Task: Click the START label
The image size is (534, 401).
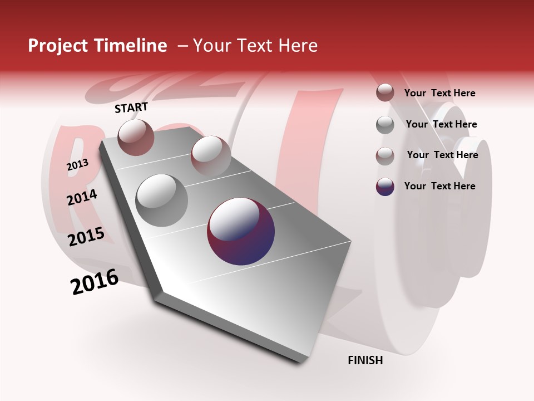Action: click(x=131, y=107)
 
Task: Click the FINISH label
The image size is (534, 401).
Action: click(x=365, y=360)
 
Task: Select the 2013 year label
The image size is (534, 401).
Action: click(x=77, y=165)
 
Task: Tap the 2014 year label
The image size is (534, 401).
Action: click(x=82, y=197)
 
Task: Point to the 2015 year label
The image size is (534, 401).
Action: click(x=86, y=237)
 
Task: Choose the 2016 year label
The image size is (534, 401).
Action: click(x=95, y=282)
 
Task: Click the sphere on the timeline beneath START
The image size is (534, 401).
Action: click(x=136, y=137)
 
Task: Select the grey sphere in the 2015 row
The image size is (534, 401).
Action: click(x=162, y=200)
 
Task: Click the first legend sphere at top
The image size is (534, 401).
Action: click(x=385, y=92)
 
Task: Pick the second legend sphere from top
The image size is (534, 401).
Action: click(x=385, y=125)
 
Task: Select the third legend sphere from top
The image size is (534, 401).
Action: click(x=385, y=155)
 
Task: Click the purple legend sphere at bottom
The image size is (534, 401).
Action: click(x=385, y=187)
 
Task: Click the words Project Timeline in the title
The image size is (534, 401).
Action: click(x=97, y=46)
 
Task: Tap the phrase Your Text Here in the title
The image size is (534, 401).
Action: click(x=255, y=46)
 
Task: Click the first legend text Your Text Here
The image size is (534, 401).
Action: click(x=439, y=93)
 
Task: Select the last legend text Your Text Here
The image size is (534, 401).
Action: click(x=439, y=186)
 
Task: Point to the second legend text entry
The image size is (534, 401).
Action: click(x=441, y=124)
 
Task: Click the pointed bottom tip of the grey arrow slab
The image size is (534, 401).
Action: click(x=300, y=361)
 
